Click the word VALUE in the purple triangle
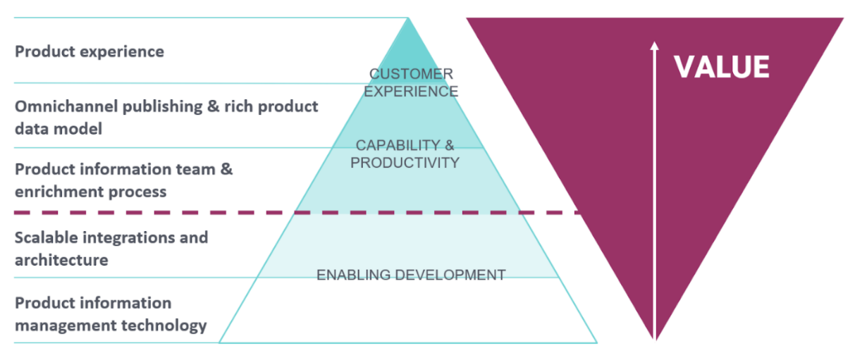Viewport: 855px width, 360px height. click(721, 67)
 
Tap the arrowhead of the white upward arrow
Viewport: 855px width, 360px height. click(654, 45)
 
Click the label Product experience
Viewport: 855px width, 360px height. click(90, 51)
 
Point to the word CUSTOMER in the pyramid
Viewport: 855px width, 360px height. click(411, 73)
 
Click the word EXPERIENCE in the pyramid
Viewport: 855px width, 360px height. click(411, 92)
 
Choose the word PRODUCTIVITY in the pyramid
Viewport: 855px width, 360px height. click(405, 163)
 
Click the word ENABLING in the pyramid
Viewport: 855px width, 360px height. click(353, 275)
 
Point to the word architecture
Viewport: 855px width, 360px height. click(61, 261)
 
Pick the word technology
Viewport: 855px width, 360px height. click(164, 325)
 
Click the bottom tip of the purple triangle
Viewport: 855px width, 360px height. click(655, 339)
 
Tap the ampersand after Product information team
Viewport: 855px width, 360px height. click(227, 169)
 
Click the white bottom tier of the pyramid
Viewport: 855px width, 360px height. click(408, 311)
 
